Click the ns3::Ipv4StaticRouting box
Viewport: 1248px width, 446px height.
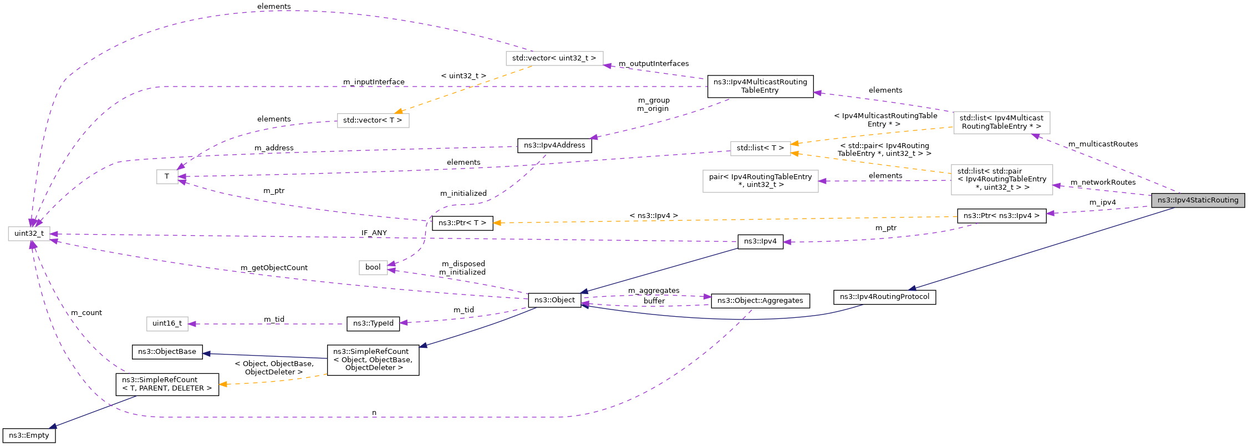(1198, 200)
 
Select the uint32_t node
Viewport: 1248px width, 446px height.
(29, 234)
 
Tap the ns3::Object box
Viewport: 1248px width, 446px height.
(554, 300)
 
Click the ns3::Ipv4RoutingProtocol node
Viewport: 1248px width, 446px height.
(884, 297)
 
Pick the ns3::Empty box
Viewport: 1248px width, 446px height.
(29, 435)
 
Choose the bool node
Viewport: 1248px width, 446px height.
(373, 267)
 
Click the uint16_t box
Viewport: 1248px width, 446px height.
(167, 323)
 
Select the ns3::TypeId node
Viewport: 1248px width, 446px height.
(373, 323)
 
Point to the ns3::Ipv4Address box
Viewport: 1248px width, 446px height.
(554, 145)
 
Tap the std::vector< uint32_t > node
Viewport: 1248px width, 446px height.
(554, 58)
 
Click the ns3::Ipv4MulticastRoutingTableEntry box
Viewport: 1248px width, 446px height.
(760, 86)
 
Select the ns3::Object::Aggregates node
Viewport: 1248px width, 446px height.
(760, 301)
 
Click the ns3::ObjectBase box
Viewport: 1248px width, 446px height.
(167, 352)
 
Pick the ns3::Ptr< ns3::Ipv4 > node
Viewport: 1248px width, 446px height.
(1001, 216)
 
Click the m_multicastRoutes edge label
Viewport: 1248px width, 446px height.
(1103, 144)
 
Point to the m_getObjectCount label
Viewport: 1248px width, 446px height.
(274, 268)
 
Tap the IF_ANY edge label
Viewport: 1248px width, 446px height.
(374, 233)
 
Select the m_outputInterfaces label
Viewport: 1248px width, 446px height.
(654, 64)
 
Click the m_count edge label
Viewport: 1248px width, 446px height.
(86, 313)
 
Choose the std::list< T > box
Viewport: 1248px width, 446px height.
(760, 148)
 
